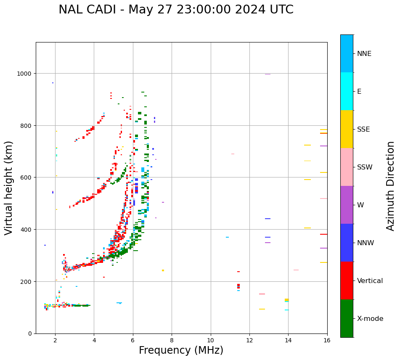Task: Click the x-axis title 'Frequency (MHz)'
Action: click(x=181, y=350)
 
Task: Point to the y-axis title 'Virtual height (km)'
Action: click(x=9, y=188)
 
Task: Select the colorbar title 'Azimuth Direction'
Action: click(x=391, y=186)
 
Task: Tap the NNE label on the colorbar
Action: click(x=364, y=53)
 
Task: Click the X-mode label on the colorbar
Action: click(x=370, y=319)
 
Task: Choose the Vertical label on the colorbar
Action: click(x=370, y=281)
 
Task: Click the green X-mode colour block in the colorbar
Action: click(x=347, y=318)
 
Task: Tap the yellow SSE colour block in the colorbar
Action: click(x=347, y=129)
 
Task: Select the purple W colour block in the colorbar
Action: click(x=347, y=205)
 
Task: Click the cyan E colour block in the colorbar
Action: click(x=347, y=91)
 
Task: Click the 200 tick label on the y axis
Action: click(x=27, y=281)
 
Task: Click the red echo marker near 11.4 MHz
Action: click(x=238, y=286)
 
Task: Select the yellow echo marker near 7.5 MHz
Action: click(x=163, y=270)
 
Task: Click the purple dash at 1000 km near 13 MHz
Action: click(x=268, y=74)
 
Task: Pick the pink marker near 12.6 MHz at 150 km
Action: click(x=262, y=294)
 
